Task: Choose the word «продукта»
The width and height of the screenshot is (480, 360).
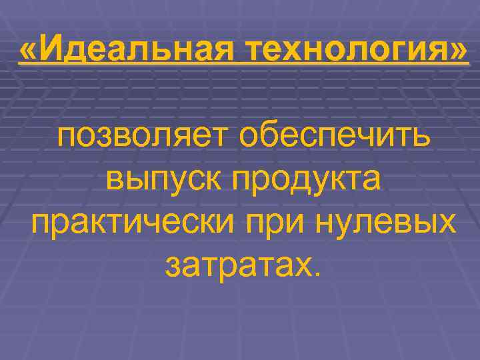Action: pyautogui.click(x=305, y=179)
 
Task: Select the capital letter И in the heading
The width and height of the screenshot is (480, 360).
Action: pyautogui.click(x=53, y=49)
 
